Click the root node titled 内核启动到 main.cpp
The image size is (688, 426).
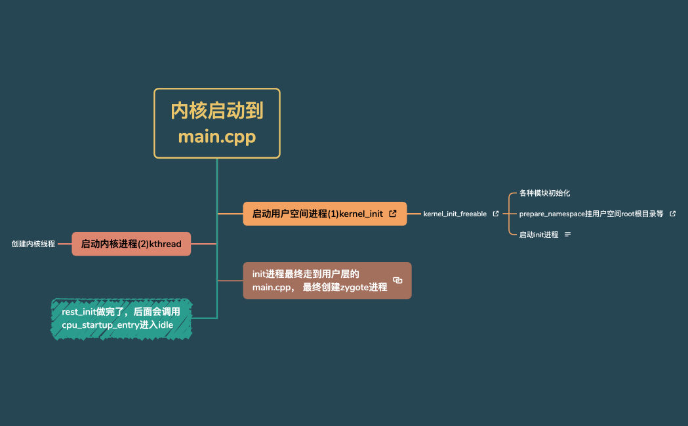pos(217,123)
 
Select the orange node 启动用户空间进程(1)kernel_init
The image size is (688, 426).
pos(317,214)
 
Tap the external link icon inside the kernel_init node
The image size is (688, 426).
pos(393,214)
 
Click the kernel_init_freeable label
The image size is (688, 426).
pos(455,214)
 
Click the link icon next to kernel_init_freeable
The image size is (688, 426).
pos(495,214)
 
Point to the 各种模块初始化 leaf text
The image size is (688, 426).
pos(544,193)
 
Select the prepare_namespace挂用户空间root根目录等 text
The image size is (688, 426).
pos(591,214)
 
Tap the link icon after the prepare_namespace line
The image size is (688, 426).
pos(672,214)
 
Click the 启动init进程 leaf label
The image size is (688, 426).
pos(538,235)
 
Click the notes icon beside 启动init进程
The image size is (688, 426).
pos(567,234)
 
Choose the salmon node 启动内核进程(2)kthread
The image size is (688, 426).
pos(131,244)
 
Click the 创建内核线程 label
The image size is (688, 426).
pos(33,244)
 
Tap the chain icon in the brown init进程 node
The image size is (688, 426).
pos(397,281)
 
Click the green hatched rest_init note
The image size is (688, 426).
pos(121,319)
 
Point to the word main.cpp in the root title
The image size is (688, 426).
pos(217,138)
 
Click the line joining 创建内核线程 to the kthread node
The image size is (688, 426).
pos(64,244)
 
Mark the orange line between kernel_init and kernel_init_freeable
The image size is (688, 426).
pos(415,214)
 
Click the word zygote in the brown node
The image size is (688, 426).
pos(354,287)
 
